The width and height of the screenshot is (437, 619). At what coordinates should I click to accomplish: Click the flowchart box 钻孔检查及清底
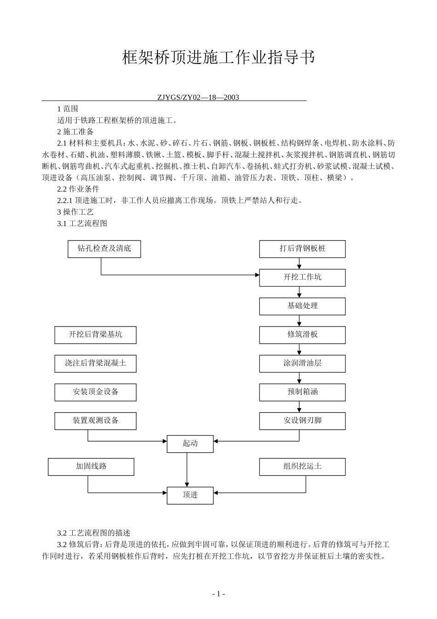click(x=104, y=249)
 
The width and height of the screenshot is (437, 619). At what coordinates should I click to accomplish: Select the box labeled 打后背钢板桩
click(x=302, y=249)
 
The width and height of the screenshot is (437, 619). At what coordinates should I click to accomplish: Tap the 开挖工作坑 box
click(x=302, y=277)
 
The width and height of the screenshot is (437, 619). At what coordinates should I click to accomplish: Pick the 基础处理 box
click(x=302, y=306)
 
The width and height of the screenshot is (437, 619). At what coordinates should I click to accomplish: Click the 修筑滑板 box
click(x=302, y=335)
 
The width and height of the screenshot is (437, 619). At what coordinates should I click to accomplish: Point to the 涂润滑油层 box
click(x=302, y=363)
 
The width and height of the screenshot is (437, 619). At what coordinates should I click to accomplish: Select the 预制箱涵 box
click(x=302, y=392)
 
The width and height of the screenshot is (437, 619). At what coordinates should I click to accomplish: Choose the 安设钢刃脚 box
click(x=302, y=421)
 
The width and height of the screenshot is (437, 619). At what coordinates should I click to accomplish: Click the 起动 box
click(x=190, y=444)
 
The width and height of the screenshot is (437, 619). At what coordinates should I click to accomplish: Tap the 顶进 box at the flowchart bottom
click(x=190, y=495)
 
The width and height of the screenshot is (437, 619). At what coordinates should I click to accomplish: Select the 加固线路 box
click(x=91, y=467)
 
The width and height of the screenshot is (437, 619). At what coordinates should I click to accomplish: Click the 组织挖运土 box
click(x=302, y=467)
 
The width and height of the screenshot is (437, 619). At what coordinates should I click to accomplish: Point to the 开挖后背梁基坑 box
click(x=96, y=335)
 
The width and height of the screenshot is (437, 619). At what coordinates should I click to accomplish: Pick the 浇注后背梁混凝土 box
click(x=96, y=363)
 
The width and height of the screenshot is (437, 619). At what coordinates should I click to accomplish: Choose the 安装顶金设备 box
click(x=96, y=392)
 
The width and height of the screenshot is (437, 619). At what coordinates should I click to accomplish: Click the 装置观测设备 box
click(x=96, y=421)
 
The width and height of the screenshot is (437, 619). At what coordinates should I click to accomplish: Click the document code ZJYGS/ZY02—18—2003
click(x=198, y=97)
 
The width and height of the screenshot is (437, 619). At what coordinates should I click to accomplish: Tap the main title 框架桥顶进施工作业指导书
click(x=218, y=58)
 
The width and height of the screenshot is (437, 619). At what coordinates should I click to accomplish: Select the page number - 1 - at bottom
click(x=218, y=594)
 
